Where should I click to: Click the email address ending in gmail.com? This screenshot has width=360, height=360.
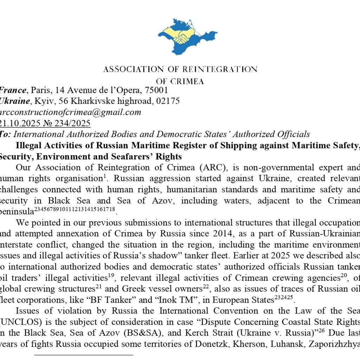coord(70,112)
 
